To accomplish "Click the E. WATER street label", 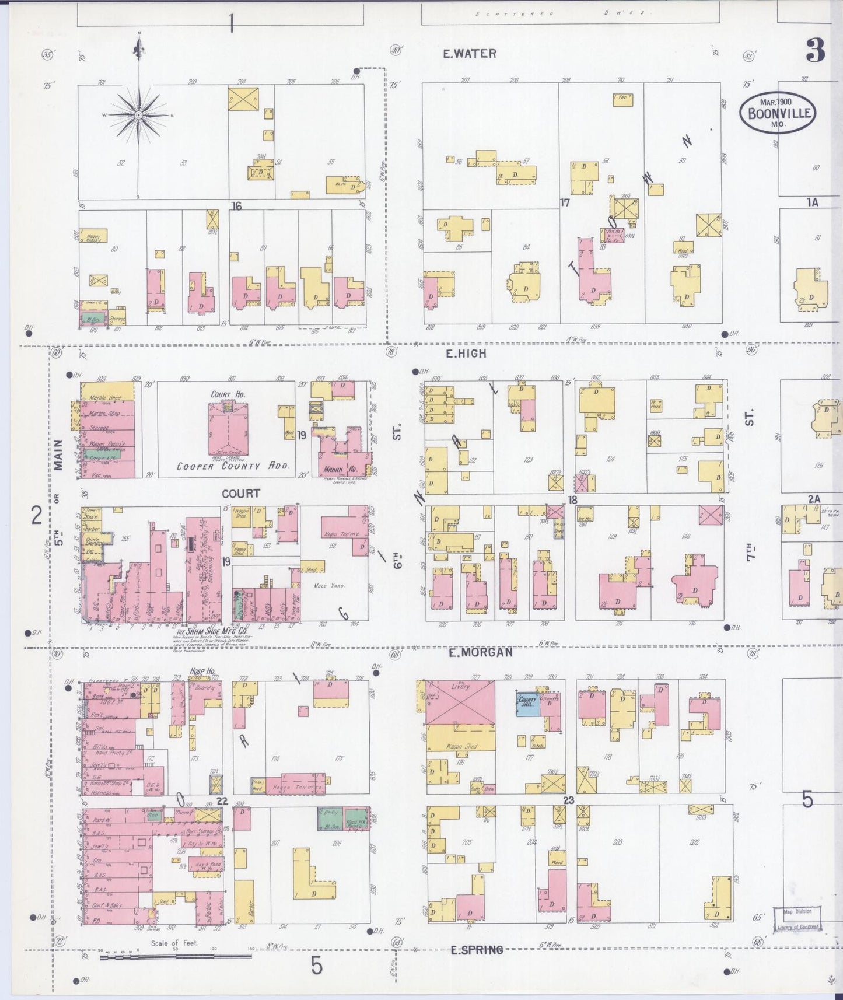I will pos(469,54).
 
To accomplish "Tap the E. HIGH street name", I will pos(465,354).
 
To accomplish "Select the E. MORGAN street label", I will pos(481,652).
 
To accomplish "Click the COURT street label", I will pos(240,494).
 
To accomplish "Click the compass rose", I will pos(139,115).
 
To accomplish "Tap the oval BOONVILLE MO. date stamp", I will pos(778,112).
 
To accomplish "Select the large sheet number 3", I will pos(816,52).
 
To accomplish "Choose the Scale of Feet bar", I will pos(175,956).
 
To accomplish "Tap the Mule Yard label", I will pos(330,585).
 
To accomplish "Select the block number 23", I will pos(568,800).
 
